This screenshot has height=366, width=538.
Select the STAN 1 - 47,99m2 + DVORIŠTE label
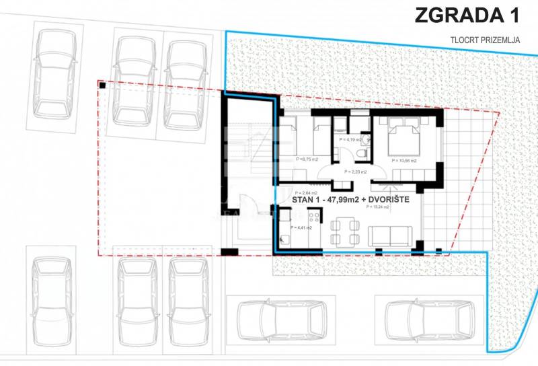[351, 199]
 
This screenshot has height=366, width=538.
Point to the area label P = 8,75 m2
[307, 159]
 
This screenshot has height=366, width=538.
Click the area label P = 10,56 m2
[403, 161]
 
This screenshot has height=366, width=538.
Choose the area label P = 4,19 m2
[350, 139]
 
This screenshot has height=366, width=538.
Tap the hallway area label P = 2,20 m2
[354, 172]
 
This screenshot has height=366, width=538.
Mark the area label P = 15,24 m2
[379, 207]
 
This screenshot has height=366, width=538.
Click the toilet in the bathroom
[361, 154]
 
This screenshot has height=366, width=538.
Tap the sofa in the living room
[390, 235]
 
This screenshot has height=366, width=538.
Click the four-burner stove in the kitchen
[313, 218]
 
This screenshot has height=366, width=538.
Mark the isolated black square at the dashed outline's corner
[102, 85]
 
